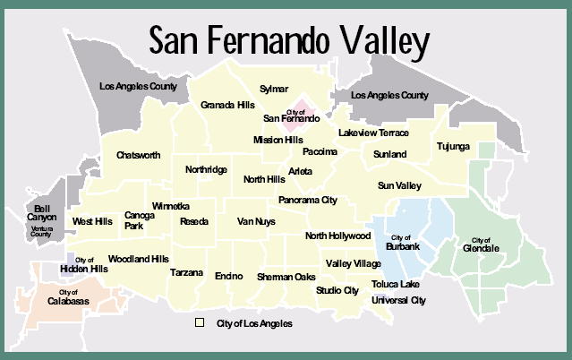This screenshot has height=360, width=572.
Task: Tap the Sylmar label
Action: pos(274,90)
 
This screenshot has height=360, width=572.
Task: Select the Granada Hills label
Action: pos(227,104)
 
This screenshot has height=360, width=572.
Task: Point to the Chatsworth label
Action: pos(139,155)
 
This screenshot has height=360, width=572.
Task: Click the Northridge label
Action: pos(206,169)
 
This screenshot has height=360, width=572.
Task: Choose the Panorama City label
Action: pos(307,201)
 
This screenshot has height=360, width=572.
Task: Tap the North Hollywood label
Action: pos(337,236)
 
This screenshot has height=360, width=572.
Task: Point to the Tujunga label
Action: pos(452,146)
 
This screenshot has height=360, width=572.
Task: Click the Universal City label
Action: pos(398,300)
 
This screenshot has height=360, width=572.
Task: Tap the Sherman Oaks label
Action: pos(286,278)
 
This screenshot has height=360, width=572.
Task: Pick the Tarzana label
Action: pos(186,272)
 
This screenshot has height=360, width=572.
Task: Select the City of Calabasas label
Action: pos(69,298)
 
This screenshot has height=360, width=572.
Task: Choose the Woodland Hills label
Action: pos(138,259)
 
